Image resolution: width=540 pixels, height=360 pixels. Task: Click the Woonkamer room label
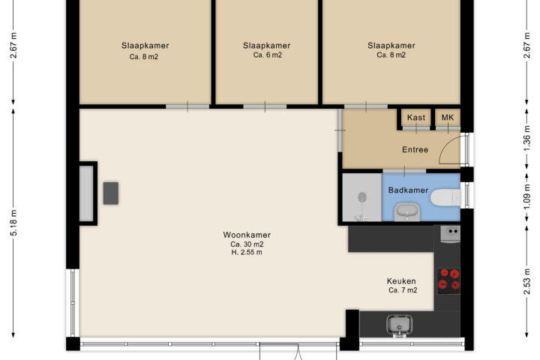tap(247, 235)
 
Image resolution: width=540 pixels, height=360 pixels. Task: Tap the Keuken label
tap(401, 281)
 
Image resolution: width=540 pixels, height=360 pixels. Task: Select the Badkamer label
tap(408, 190)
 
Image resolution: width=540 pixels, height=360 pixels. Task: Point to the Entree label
tap(415, 150)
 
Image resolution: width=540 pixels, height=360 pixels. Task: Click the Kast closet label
tap(416, 118)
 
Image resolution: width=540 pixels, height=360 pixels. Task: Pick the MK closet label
tap(448, 118)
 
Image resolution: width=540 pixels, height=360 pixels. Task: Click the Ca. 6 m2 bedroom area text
tap(267, 55)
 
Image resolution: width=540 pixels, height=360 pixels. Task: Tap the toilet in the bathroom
tap(445, 197)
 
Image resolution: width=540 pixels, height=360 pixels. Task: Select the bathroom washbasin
tap(407, 211)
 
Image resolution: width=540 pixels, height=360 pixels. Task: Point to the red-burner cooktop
tap(448, 279)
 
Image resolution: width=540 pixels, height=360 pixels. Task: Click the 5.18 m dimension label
tap(14, 223)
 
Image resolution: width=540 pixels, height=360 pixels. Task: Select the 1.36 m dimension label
tap(526, 139)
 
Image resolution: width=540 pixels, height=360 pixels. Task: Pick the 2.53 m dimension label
tap(526, 282)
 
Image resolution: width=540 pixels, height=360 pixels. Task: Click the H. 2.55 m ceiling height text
tap(247, 253)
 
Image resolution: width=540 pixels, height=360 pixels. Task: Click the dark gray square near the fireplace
tap(111, 193)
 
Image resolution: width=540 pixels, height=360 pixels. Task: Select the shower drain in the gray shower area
tap(362, 197)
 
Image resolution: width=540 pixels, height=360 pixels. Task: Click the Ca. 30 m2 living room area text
tap(247, 244)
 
